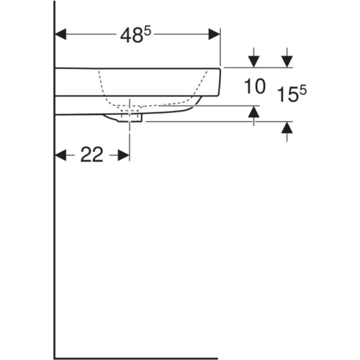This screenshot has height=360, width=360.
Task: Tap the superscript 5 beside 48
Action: (x=147, y=32)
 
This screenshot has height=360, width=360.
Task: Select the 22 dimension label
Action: (x=91, y=155)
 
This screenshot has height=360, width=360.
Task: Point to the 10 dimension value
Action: (x=255, y=86)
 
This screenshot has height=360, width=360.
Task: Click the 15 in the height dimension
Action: (x=287, y=94)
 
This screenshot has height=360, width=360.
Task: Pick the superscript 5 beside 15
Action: (x=303, y=91)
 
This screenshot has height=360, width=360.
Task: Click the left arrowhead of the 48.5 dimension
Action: (x=60, y=35)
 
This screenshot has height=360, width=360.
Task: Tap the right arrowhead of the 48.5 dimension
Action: (x=215, y=35)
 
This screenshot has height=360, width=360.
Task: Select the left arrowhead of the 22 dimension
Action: (x=60, y=156)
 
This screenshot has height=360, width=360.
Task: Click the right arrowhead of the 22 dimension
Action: (x=124, y=156)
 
